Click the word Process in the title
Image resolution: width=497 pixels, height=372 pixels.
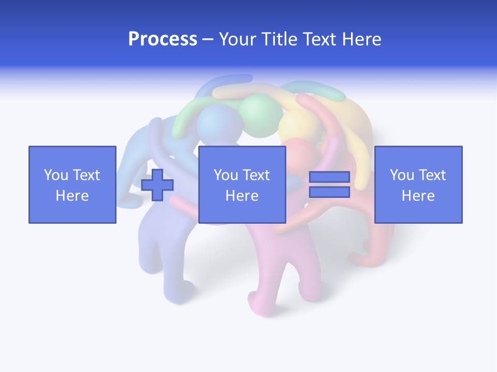(x=163, y=39)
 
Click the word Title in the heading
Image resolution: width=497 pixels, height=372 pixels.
(x=277, y=39)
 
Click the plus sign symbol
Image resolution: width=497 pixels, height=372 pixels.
(x=157, y=185)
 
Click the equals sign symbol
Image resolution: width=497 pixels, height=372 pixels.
(x=329, y=184)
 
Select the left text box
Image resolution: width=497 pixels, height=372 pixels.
(x=72, y=184)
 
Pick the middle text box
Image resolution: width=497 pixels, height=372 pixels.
(x=242, y=184)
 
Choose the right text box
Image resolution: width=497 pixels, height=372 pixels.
(x=418, y=184)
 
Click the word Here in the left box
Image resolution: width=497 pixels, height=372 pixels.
(x=72, y=196)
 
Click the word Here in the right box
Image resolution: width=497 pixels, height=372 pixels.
(x=418, y=196)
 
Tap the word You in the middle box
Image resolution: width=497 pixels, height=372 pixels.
(x=226, y=175)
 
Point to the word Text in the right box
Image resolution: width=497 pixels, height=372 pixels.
(x=432, y=175)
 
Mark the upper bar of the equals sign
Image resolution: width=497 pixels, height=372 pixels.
(x=329, y=177)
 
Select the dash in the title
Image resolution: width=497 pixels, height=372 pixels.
(x=208, y=39)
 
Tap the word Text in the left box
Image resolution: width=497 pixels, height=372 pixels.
(x=86, y=175)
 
